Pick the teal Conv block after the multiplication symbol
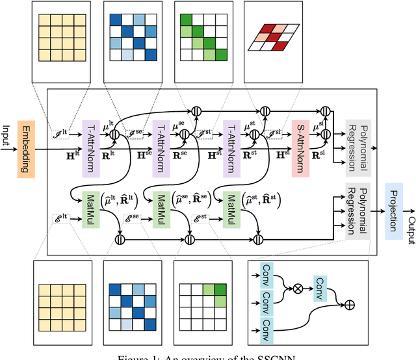[x=321, y=284]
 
